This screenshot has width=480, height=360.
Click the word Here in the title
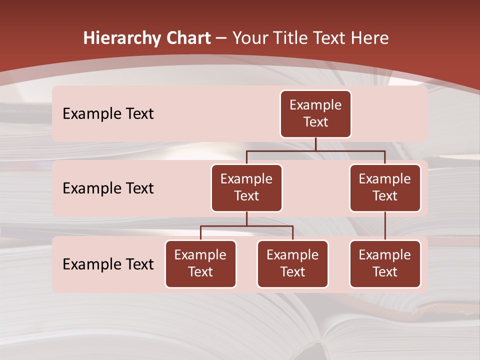click(370, 38)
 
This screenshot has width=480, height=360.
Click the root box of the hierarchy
click(315, 113)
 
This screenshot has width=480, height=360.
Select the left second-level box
click(246, 187)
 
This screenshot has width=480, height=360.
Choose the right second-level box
click(385, 187)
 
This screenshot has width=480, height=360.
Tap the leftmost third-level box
click(200, 263)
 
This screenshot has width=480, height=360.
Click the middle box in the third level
click(292, 263)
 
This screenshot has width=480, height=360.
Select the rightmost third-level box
click(385, 263)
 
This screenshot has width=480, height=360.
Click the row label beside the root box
click(108, 113)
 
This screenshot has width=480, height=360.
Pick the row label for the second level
click(108, 188)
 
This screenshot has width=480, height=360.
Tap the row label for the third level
click(108, 264)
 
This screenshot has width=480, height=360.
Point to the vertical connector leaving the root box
click(315, 144)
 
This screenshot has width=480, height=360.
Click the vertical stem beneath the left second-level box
click(246, 219)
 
